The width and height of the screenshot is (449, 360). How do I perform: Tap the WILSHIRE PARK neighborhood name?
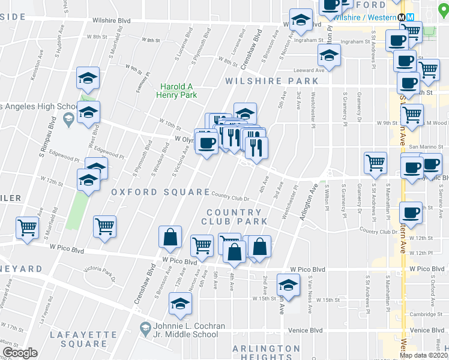(x=271, y=80)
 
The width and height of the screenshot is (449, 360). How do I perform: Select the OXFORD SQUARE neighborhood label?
(x=160, y=192)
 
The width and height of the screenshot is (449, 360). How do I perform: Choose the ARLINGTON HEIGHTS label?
(x=266, y=353)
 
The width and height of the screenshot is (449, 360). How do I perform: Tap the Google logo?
(x=20, y=353)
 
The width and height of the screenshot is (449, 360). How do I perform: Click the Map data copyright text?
(x=423, y=355)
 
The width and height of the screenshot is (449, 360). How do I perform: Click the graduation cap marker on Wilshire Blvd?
(x=301, y=20)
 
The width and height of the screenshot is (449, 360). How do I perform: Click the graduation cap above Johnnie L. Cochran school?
(x=179, y=304)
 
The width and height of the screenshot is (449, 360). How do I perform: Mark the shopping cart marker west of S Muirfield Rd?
(x=28, y=228)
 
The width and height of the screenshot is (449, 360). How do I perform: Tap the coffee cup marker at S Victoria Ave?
(x=207, y=143)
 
